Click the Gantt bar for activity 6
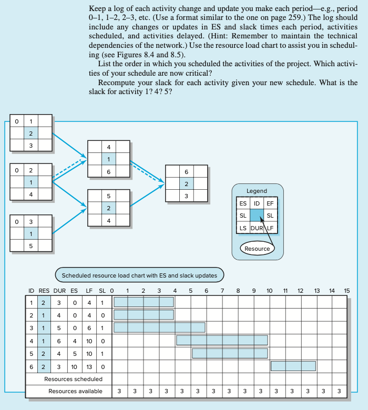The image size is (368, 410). [293, 366]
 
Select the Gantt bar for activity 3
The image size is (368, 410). [159, 327]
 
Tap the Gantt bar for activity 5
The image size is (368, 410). [230, 353]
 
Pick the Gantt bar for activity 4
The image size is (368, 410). [222, 340]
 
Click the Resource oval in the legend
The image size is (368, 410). [257, 249]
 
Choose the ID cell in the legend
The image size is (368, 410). [257, 203]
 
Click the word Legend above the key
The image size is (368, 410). [257, 191]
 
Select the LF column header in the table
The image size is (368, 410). [89, 291]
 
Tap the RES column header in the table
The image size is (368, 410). [44, 291]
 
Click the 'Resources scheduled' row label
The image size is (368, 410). [73, 378]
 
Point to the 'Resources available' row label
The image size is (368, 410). [75, 391]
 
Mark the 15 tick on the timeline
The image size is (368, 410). [347, 291]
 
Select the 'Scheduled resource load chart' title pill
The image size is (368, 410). [140, 275]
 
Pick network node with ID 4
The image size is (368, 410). [109, 159]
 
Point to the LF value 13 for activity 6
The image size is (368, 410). [89, 366]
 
